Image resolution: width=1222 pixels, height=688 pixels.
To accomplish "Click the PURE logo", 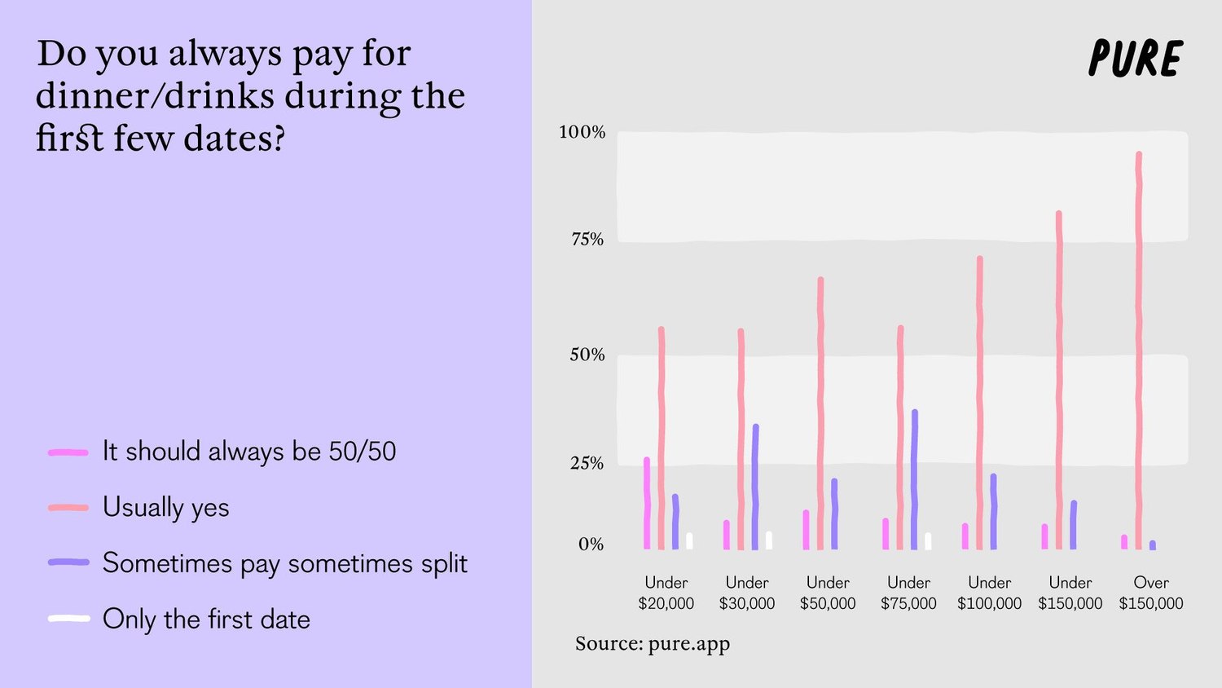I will (x=1135, y=59).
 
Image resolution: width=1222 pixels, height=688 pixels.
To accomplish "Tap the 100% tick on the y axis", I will (x=582, y=132).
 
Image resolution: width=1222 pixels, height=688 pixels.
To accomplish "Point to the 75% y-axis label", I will (x=587, y=240).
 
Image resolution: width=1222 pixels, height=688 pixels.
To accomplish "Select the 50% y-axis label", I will (x=587, y=355).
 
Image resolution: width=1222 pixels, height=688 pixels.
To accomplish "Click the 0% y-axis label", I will (x=591, y=545).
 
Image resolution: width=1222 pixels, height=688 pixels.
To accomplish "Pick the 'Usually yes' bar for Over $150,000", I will (x=1138, y=351).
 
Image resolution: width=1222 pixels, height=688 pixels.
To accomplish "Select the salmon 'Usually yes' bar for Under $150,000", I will (x=1059, y=380).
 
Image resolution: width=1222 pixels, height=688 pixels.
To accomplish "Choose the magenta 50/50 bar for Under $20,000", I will (x=647, y=503).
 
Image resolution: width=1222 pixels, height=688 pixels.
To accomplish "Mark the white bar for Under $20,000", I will (x=689, y=540).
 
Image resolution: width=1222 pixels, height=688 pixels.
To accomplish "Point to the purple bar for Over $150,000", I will (x=1152, y=545).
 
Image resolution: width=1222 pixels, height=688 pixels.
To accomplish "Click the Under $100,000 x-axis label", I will (x=989, y=593).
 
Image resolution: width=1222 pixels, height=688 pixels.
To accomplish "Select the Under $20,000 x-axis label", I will (x=666, y=593).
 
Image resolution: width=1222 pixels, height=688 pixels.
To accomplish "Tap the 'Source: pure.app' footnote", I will (x=653, y=644).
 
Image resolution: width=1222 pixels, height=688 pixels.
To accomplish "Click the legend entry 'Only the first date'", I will (x=206, y=620).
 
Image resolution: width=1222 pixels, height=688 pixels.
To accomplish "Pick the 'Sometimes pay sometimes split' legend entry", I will (x=284, y=563).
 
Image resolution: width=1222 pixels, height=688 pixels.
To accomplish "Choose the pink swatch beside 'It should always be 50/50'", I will (x=68, y=452).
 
